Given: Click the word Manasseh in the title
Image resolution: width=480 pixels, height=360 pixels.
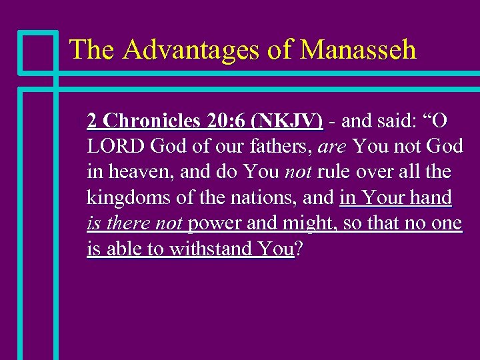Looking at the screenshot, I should pyautogui.click(x=358, y=50).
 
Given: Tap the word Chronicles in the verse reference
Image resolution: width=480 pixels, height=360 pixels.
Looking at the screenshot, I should pyautogui.click(x=152, y=121).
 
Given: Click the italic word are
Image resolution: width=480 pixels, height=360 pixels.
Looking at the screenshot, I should pyautogui.click(x=333, y=146).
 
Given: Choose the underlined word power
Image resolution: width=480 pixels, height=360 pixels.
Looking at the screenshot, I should pyautogui.click(x=215, y=223).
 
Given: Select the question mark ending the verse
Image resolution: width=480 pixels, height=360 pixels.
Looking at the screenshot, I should pyautogui.click(x=299, y=249).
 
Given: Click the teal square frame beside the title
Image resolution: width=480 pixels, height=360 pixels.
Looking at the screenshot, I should pyautogui.click(x=38, y=51).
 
